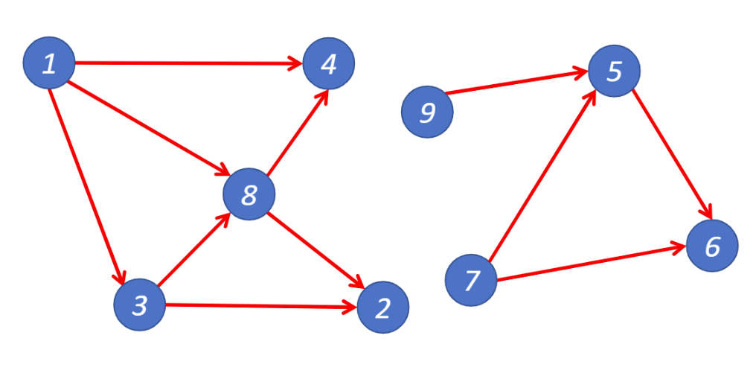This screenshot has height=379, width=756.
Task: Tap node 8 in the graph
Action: tap(249, 194)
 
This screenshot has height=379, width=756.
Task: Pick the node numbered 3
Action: tap(140, 304)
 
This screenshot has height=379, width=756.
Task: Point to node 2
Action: tap(383, 308)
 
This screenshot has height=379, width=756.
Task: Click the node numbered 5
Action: tap(614, 71)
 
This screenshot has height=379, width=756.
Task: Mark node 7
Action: tap(470, 280)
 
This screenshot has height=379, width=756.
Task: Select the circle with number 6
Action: tap(712, 246)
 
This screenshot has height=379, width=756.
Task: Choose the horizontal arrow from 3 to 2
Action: tap(260, 305)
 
